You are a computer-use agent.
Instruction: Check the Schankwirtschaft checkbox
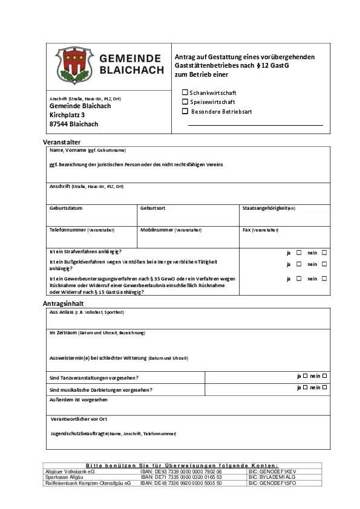tap(185, 92)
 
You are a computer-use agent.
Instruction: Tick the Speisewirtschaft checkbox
tap(185, 102)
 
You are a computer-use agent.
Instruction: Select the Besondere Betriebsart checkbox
tap(185, 111)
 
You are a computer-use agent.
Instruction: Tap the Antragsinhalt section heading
tap(63, 302)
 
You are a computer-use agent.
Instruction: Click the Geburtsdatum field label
tap(66, 208)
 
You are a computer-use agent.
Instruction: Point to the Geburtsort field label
tap(152, 208)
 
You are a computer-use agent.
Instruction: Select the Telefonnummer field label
tap(68, 230)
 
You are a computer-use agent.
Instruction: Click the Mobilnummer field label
tap(157, 230)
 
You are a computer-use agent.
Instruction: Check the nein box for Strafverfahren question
tap(324, 252)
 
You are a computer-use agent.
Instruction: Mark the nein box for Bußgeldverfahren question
tap(324, 264)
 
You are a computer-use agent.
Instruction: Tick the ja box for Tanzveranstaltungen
tap(305, 375)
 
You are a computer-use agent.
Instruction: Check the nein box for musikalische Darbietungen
tap(325, 387)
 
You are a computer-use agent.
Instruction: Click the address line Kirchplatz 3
tap(67, 115)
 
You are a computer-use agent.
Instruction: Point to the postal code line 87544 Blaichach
tap(74, 124)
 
